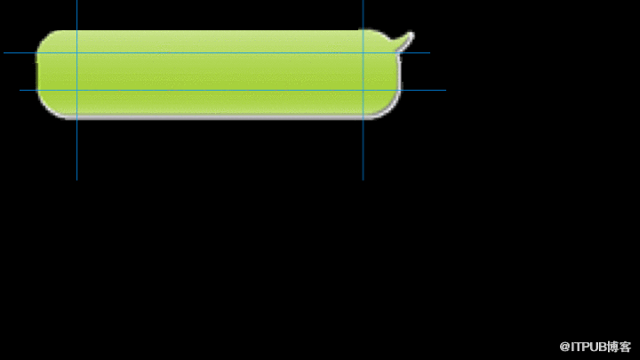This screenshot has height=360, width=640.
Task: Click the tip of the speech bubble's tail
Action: pos(412,33)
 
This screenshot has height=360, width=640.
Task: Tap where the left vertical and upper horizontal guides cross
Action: pos(76,53)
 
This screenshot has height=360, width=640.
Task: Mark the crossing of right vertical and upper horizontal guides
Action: pos(363,53)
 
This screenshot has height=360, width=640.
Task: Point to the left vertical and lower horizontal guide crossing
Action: pos(76,90)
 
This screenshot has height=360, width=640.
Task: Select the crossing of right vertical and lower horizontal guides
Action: pos(363,90)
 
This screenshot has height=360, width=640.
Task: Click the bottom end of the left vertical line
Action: pos(76,180)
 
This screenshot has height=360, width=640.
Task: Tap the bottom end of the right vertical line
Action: pos(363,180)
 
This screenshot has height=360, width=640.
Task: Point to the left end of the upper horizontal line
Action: pos(4,53)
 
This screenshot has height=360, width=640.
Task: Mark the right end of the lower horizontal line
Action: pos(445,90)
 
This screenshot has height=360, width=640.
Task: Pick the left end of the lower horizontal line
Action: pos(20,90)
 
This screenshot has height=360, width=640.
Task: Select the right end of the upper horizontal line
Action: pos(430,53)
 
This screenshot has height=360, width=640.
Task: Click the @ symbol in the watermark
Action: pos(564,347)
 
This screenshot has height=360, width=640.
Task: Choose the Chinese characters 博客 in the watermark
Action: pos(619,347)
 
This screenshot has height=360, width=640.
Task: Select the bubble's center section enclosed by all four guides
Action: pos(220,71)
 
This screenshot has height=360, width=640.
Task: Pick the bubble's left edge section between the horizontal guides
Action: pos(57,71)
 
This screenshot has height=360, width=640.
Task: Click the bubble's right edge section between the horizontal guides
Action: pos(381,71)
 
